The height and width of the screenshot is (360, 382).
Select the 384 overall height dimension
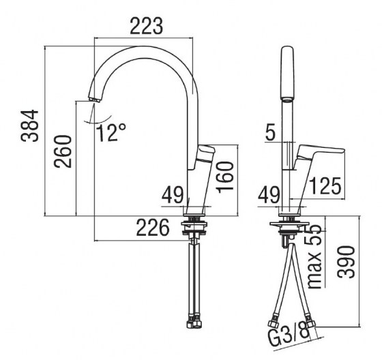[29, 126]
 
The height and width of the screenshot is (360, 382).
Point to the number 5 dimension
[271, 133]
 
